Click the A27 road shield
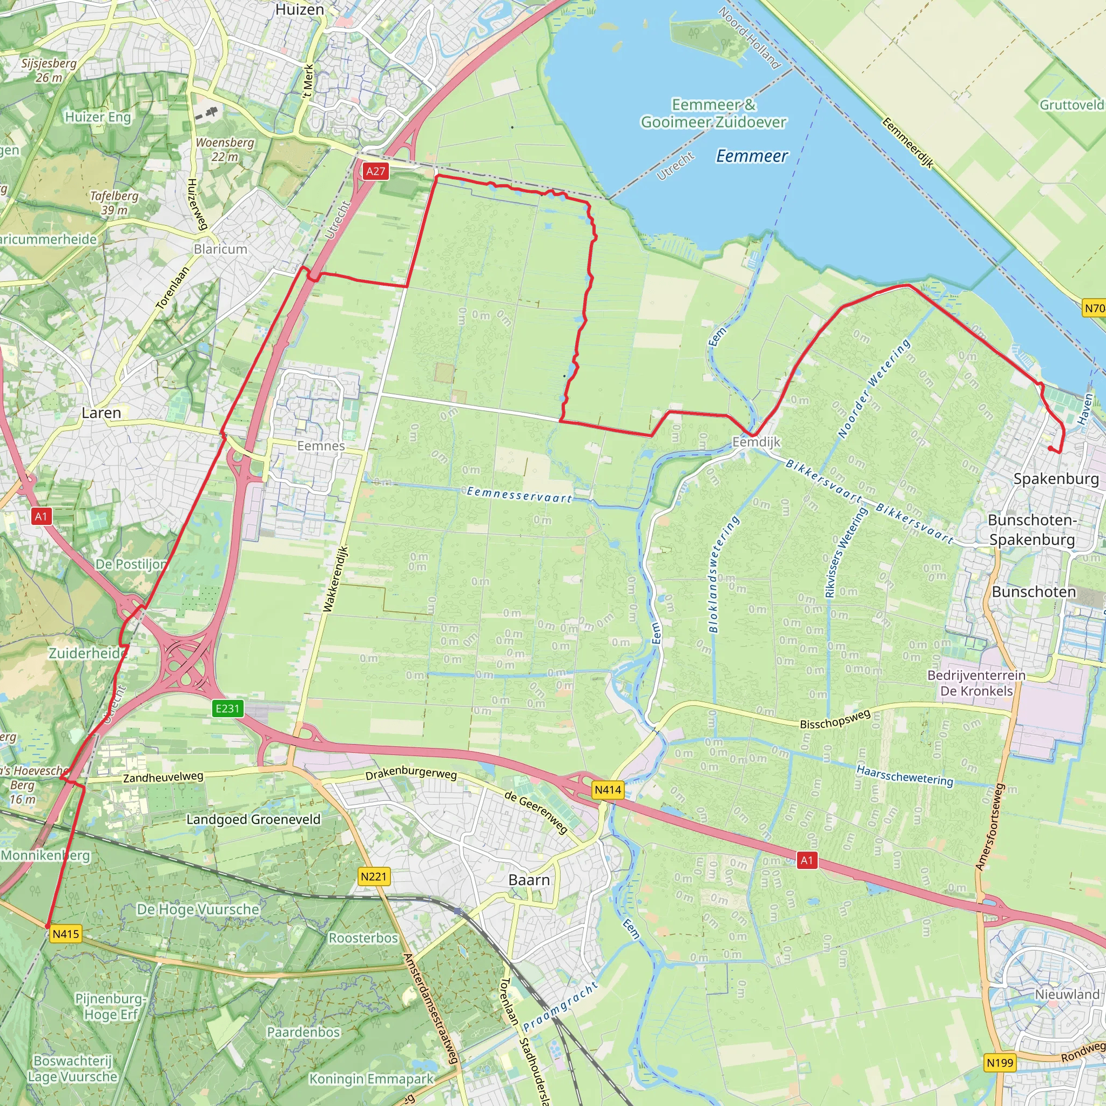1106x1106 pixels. pos(375,171)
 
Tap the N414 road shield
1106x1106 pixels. pos(608,790)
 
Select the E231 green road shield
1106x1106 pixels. pos(227,709)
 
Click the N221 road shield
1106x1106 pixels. pos(374,876)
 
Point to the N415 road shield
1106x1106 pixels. pos(66,934)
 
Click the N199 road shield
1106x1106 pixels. pos(1000,1063)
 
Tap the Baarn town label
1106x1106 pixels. pos(529,880)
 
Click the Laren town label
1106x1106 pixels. pos(102,413)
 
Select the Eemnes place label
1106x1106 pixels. pos(321,446)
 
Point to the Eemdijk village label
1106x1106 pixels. pos(756,442)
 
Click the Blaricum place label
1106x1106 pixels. pos(220,249)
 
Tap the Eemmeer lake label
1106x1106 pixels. pos(752,156)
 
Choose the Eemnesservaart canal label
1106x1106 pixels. pos(518,495)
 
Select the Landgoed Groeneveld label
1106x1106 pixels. pos(254,820)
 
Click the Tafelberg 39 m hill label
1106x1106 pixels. pos(114,203)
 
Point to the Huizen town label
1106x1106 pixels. pos(299,10)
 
